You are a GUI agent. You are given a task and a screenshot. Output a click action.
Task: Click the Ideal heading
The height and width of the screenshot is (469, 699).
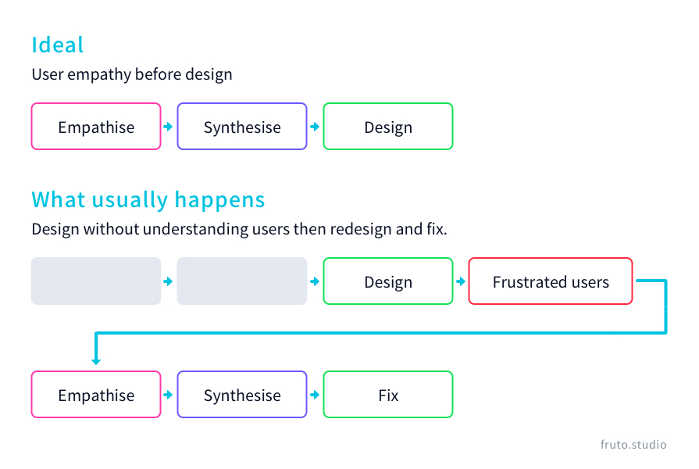pyautogui.click(x=58, y=45)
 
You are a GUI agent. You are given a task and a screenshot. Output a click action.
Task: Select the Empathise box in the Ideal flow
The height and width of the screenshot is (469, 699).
pyautogui.click(x=96, y=127)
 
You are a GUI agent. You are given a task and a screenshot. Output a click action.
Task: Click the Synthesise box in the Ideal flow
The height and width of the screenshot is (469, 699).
pyautogui.click(x=242, y=127)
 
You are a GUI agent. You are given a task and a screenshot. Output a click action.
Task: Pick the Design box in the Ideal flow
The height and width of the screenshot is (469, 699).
pyautogui.click(x=388, y=127)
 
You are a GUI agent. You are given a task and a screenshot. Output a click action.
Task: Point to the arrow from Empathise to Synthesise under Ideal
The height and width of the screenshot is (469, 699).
pyautogui.click(x=168, y=127)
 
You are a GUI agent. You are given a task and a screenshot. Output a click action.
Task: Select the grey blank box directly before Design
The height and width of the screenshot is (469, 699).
pyautogui.click(x=242, y=281)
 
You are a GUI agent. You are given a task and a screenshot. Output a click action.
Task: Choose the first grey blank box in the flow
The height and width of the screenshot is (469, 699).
pyautogui.click(x=96, y=281)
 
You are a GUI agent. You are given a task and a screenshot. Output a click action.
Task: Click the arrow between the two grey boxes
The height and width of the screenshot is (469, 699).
pyautogui.click(x=168, y=281)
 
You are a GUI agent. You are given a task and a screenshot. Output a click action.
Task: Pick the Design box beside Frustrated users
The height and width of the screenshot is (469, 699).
pyautogui.click(x=388, y=281)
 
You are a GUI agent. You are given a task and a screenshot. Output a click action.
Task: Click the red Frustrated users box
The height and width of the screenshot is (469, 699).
pyautogui.click(x=551, y=281)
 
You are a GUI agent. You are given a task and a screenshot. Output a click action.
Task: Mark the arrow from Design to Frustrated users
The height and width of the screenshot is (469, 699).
pyautogui.click(x=460, y=281)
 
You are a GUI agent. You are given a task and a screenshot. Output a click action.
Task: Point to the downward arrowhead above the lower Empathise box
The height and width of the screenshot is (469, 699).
pyautogui.click(x=96, y=360)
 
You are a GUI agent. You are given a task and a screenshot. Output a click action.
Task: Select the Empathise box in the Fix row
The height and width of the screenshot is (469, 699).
pyautogui.click(x=96, y=395)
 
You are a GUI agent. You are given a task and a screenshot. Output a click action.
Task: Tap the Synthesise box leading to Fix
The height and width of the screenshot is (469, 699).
pyautogui.click(x=242, y=395)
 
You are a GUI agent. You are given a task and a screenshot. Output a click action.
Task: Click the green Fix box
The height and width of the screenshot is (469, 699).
pyautogui.click(x=388, y=395)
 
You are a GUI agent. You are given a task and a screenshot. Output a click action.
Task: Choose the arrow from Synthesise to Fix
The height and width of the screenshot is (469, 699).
pyautogui.click(x=315, y=395)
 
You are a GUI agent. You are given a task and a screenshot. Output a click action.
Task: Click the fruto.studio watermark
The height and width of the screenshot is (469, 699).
pyautogui.click(x=633, y=445)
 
